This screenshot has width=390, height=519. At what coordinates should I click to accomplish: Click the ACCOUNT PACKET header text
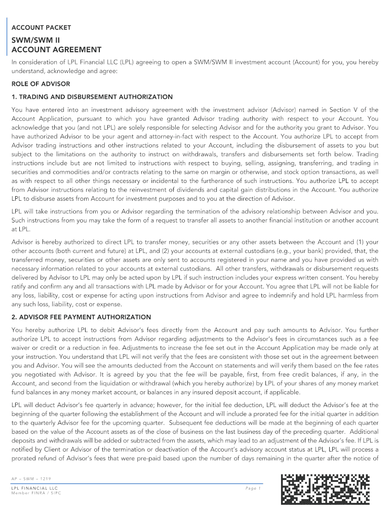41,27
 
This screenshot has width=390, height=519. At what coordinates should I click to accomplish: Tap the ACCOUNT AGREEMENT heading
56,50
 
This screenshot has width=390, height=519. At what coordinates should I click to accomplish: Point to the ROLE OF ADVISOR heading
41,84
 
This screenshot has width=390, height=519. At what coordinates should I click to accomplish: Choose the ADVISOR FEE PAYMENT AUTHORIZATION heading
81,317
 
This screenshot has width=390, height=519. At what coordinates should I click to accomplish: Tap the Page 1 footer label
252,488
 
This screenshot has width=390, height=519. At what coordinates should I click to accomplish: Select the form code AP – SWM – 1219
31,479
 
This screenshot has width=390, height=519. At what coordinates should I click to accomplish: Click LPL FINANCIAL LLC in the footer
34,488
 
